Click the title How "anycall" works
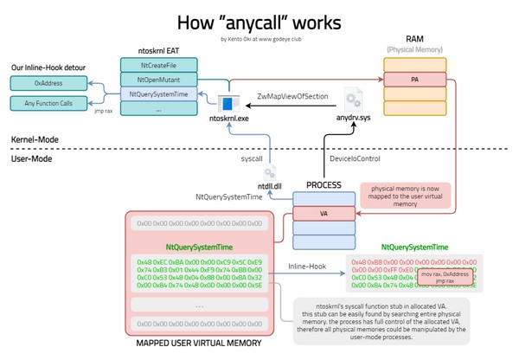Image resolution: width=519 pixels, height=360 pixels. pyautogui.click(x=259, y=22)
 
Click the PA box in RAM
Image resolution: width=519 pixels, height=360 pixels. pyautogui.click(x=416, y=79)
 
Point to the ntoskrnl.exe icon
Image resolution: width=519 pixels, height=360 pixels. pyautogui.click(x=228, y=106)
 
